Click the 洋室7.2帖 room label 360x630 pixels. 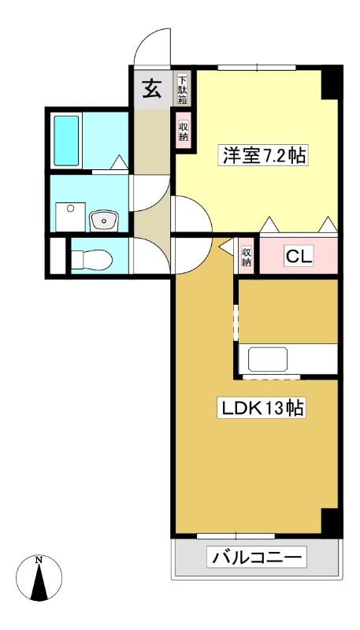click(264, 155)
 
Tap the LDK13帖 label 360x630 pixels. click(261, 408)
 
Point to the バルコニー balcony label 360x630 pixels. click(257, 558)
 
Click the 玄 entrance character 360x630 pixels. click(152, 89)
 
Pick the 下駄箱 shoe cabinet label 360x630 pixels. click(183, 89)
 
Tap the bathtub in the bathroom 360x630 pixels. click(66, 141)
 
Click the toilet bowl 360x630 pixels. click(92, 259)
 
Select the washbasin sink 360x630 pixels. click(104, 220)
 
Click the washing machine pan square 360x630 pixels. click(70, 217)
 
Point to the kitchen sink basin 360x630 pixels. click(268, 359)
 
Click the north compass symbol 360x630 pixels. click(39, 578)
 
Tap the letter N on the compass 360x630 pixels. click(39, 560)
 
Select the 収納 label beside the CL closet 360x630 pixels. click(246, 257)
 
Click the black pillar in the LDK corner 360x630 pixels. click(332, 521)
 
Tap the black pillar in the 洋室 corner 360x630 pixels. click(332, 83)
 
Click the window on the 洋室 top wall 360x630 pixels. click(257, 68)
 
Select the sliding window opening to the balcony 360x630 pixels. click(236, 536)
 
